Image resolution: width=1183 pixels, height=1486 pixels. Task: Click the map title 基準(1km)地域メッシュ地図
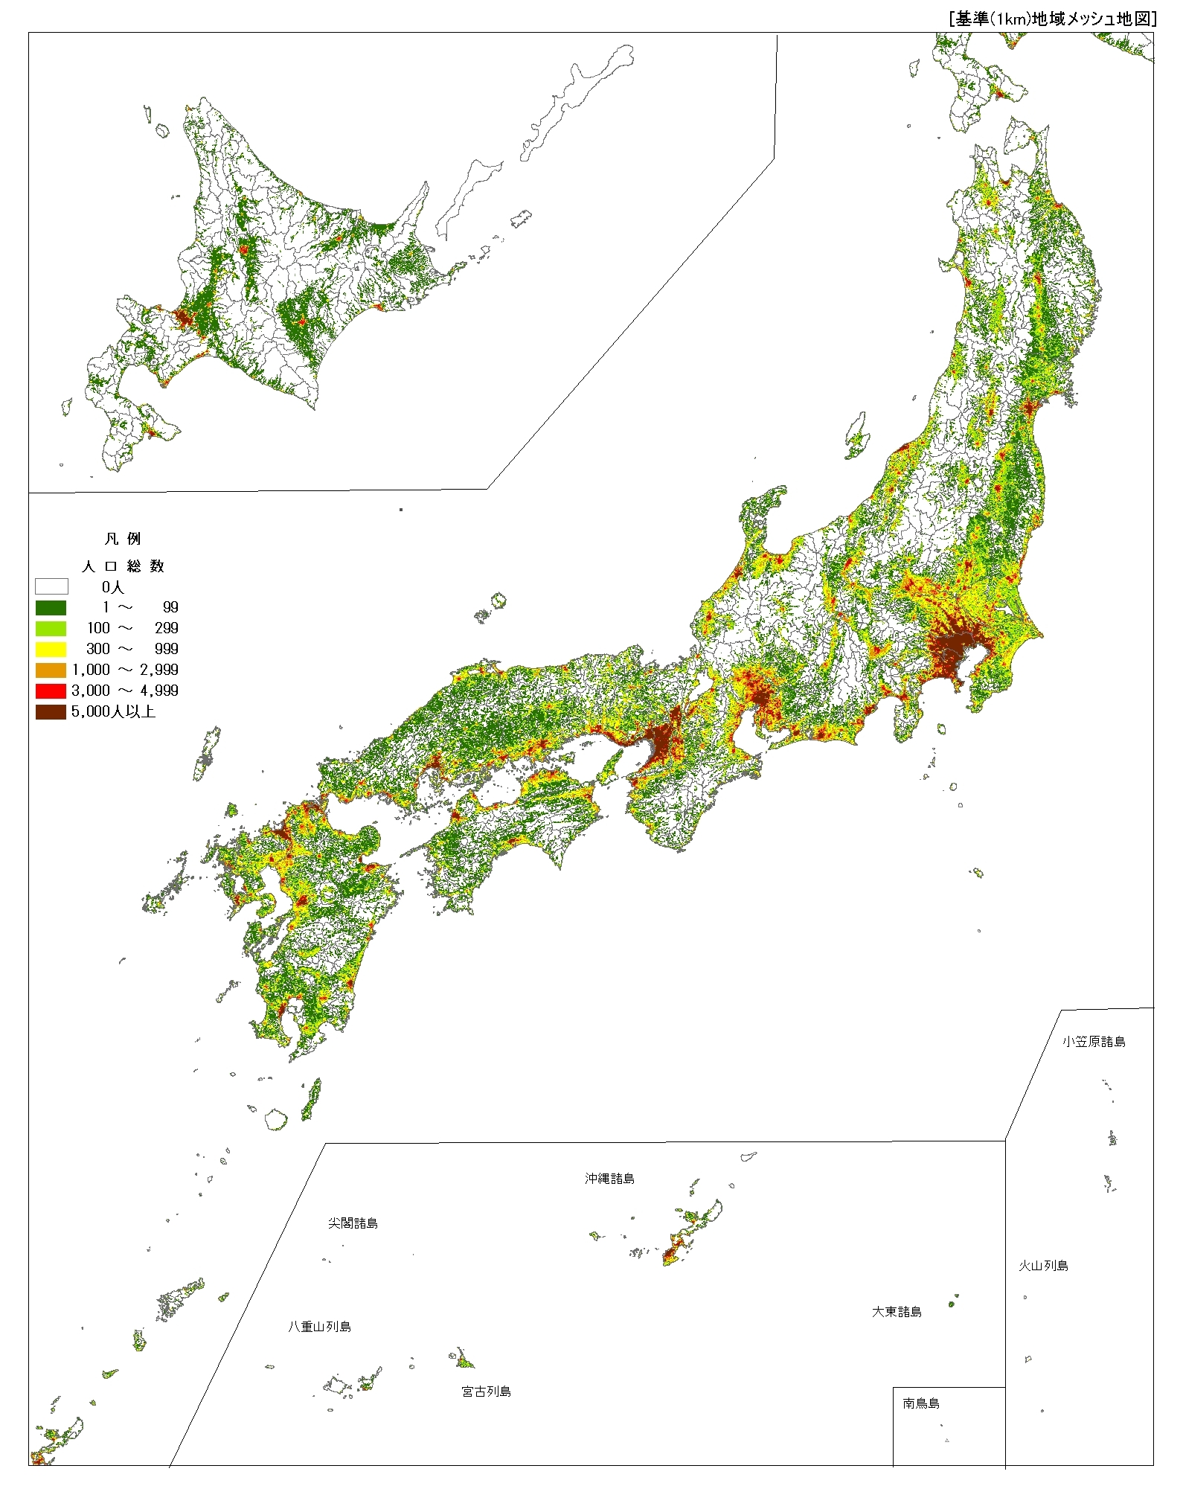1053,20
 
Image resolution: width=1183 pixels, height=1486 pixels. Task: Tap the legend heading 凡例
123,539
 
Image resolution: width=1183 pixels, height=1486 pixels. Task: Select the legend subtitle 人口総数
123,566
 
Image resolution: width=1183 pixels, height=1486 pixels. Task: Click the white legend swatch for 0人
51,586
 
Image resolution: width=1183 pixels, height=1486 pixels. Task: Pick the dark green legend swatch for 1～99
51,607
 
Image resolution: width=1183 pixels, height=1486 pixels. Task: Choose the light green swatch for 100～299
51,628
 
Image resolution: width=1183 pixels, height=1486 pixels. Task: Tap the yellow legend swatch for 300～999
51,649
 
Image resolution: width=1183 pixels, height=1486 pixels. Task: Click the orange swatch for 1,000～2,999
51,670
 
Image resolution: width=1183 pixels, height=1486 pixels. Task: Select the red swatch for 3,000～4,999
51,691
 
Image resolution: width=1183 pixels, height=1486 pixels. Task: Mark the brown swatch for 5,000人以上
51,711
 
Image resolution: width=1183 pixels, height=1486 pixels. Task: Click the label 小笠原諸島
1093,1042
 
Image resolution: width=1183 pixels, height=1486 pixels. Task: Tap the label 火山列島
1043,1266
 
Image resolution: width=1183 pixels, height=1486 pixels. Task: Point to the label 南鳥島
921,1403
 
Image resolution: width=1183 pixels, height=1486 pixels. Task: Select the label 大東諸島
897,1312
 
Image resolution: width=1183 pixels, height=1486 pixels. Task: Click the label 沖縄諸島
609,1179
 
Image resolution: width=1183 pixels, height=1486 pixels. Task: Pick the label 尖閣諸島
353,1223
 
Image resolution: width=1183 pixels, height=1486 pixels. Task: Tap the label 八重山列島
320,1327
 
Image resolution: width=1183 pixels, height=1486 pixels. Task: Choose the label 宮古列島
486,1391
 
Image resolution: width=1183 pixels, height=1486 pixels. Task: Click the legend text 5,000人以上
113,711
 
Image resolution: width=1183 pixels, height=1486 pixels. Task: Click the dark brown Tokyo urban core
956,647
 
